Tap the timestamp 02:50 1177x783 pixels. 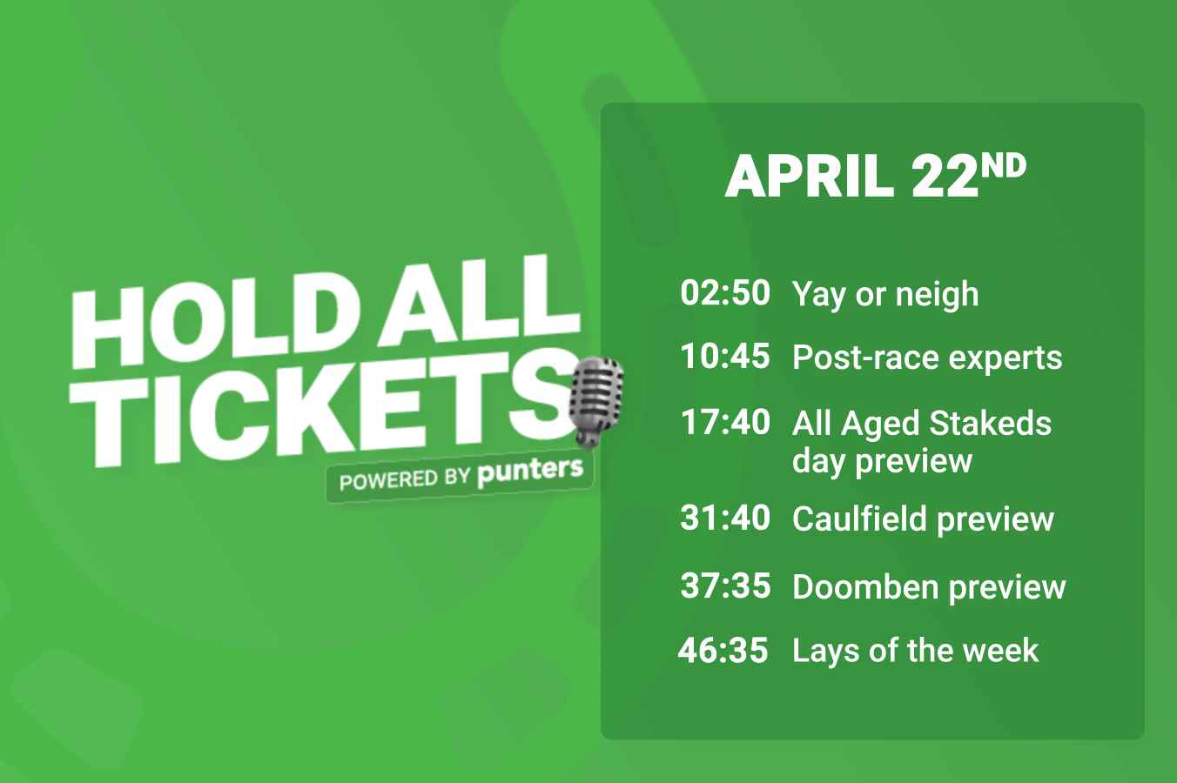(x=725, y=292)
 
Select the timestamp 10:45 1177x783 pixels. (x=725, y=356)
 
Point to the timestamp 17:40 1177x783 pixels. (x=726, y=422)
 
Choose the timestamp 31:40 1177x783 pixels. (x=725, y=518)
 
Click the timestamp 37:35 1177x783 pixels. (x=725, y=586)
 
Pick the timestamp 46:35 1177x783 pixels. (x=723, y=650)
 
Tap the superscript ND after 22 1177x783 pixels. (x=1004, y=167)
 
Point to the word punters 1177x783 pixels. (x=530, y=472)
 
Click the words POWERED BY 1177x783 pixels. (x=405, y=479)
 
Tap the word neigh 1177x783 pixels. (x=938, y=295)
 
